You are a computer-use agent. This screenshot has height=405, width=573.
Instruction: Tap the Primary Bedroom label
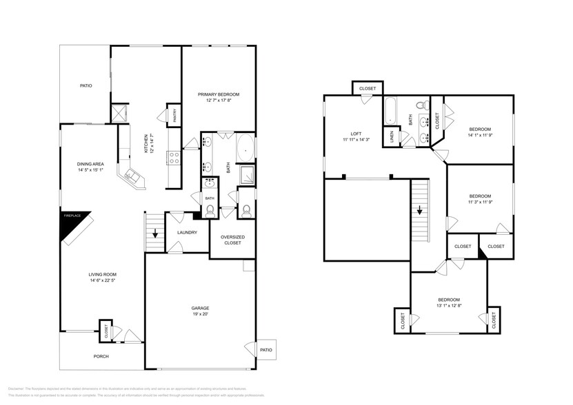click(x=218, y=94)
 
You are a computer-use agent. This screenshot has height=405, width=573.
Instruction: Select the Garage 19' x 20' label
click(x=200, y=308)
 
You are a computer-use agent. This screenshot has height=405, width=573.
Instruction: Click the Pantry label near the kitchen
click(x=174, y=114)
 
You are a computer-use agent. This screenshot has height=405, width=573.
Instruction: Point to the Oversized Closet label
click(x=232, y=239)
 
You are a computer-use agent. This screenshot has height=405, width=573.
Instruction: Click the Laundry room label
click(x=187, y=232)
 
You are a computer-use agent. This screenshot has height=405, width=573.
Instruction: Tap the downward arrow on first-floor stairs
click(x=155, y=233)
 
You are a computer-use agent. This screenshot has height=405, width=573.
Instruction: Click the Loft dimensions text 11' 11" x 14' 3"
click(x=356, y=140)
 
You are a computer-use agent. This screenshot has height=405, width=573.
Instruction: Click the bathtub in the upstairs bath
click(x=389, y=110)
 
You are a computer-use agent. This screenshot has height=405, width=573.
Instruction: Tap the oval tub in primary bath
click(x=245, y=147)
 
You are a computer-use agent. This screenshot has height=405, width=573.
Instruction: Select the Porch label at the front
click(x=101, y=356)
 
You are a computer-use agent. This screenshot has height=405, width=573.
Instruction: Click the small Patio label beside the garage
click(x=266, y=349)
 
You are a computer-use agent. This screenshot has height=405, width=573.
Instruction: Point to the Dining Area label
click(x=90, y=164)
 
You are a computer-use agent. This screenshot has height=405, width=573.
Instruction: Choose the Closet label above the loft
click(x=368, y=88)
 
